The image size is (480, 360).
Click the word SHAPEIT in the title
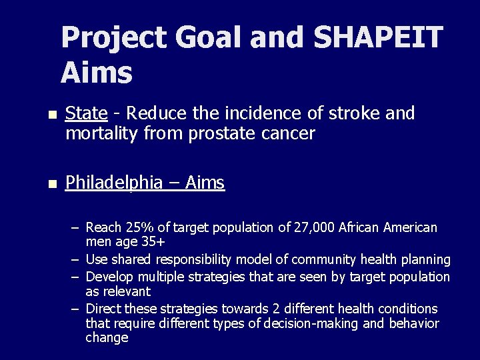tap(377, 37)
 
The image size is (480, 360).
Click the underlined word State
tap(86, 114)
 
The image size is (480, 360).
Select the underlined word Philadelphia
tap(114, 183)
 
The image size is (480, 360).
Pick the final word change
tap(107, 338)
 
